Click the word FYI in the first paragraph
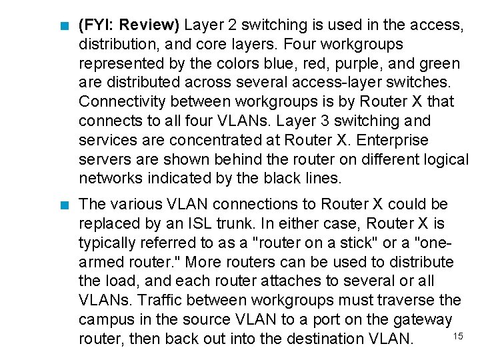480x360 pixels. (x=97, y=26)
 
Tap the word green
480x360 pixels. (x=437, y=64)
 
